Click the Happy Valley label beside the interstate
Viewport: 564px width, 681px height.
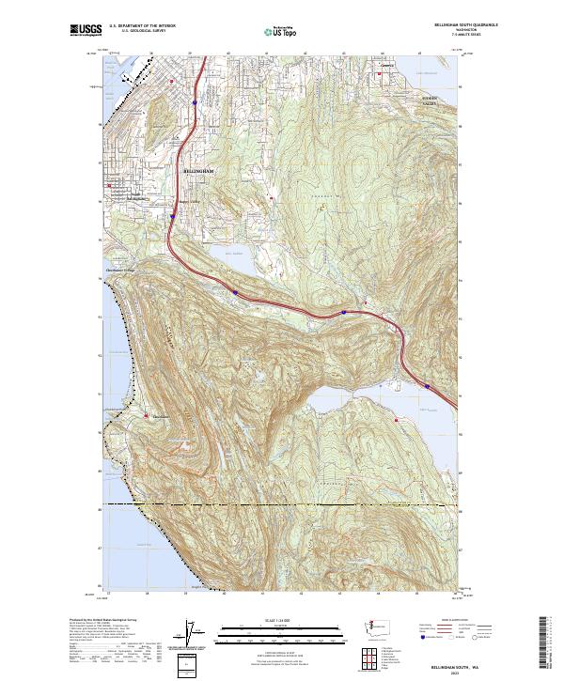[x=192, y=209]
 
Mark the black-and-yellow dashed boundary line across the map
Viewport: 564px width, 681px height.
[x=282, y=504]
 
